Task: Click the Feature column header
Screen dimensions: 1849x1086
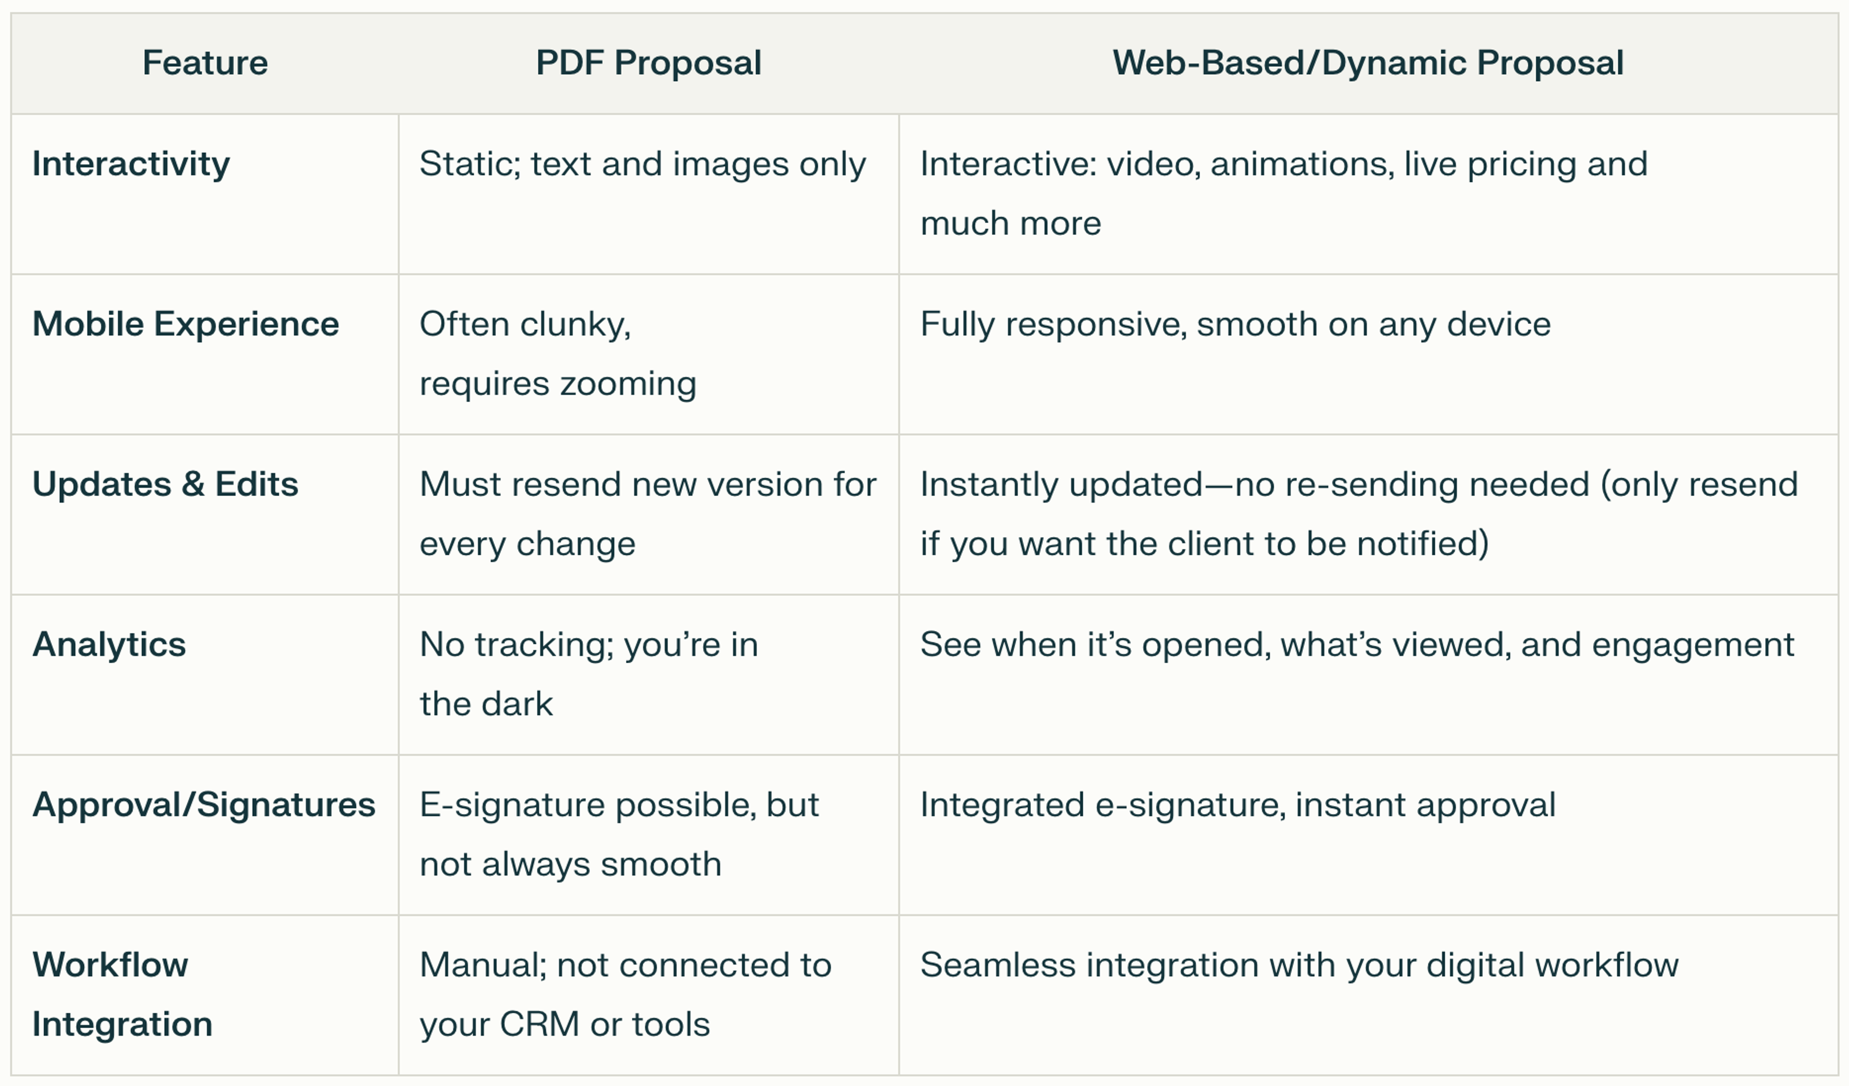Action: pos(205,63)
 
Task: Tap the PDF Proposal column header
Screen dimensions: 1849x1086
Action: pos(649,63)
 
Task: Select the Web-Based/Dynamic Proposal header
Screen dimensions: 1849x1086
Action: pos(1367,63)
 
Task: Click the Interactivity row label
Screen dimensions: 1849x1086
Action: pos(130,164)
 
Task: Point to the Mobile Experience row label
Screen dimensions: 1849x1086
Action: pos(186,324)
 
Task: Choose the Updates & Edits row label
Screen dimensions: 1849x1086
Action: pos(165,484)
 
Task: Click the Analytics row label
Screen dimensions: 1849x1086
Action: pos(109,645)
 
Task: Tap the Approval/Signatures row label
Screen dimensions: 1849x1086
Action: pos(204,805)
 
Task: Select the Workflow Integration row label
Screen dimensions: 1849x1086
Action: pos(122,994)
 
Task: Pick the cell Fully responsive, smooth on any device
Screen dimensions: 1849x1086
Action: pos(1236,324)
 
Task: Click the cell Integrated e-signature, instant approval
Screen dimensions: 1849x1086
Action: pos(1238,805)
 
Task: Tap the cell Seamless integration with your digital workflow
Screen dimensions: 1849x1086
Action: pos(1300,965)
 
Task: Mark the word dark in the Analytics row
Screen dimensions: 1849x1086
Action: pos(518,704)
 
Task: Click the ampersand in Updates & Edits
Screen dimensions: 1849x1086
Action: pos(193,485)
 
